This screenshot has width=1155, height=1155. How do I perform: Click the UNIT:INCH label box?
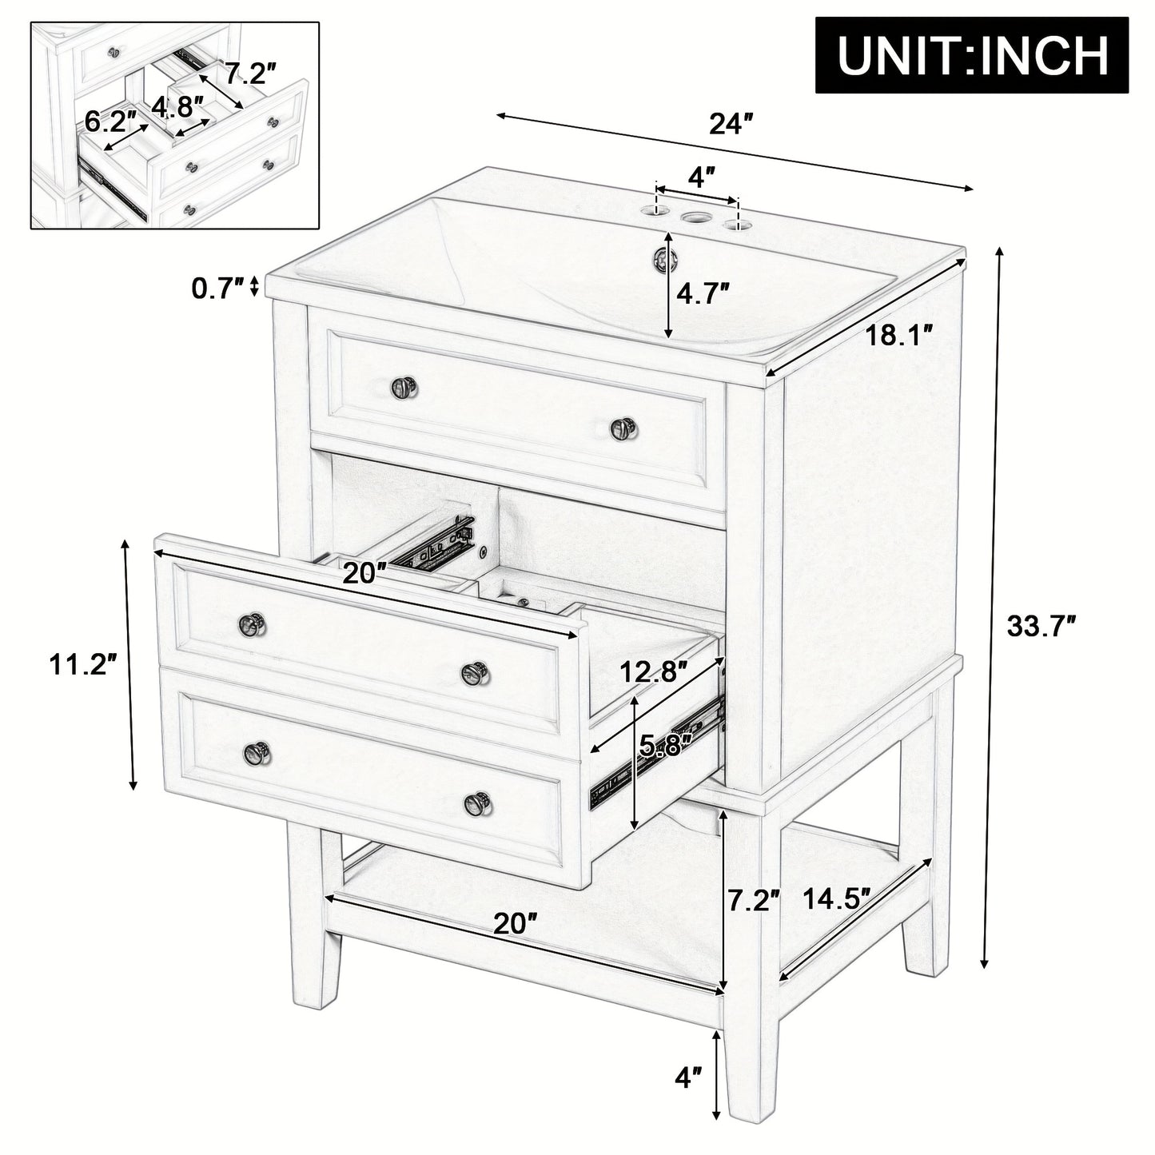click(x=973, y=54)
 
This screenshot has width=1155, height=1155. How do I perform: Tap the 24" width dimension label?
click(x=731, y=125)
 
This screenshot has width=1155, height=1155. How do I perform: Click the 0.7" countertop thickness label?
click(x=217, y=287)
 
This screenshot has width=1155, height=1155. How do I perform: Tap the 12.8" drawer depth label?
click(x=655, y=673)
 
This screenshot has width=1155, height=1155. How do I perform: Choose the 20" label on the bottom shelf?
click(x=514, y=924)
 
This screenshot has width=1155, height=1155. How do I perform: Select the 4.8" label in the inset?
click(x=178, y=106)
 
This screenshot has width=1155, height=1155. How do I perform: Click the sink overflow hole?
click(x=663, y=257)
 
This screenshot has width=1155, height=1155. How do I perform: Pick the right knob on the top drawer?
click(x=622, y=428)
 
